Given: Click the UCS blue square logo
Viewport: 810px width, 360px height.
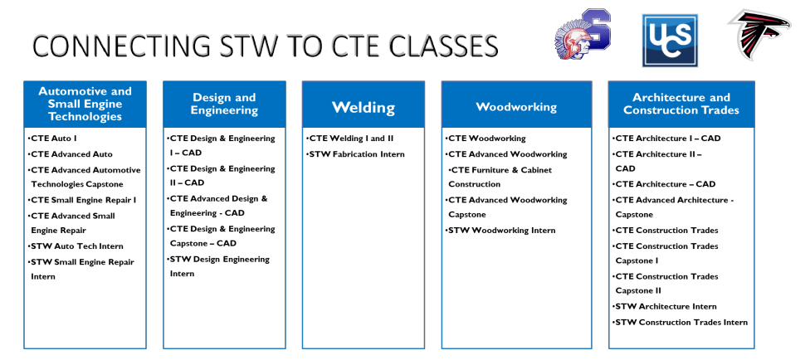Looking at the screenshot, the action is tap(670, 41).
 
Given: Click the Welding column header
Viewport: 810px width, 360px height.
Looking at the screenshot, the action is tap(364, 107).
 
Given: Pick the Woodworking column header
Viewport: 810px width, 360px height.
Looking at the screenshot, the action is tap(516, 107).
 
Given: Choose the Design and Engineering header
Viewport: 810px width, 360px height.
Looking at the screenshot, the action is tap(224, 104).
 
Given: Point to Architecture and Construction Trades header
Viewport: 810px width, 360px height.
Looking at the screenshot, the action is tap(681, 104).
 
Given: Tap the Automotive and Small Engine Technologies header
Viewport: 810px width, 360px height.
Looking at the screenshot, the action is tap(85, 104).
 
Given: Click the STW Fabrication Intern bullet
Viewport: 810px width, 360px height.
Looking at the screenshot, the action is tap(355, 154).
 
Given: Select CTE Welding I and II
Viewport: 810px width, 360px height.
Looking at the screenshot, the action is tap(349, 139).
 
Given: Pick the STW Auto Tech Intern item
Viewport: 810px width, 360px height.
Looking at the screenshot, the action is tap(76, 246).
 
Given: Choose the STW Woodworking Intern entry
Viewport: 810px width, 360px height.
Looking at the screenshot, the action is tap(500, 231).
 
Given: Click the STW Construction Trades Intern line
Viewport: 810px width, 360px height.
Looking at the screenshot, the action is tap(681, 323).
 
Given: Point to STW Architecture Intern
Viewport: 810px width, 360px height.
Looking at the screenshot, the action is tap(665, 306).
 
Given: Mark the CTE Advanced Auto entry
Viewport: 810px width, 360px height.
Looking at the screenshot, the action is tap(71, 154).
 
